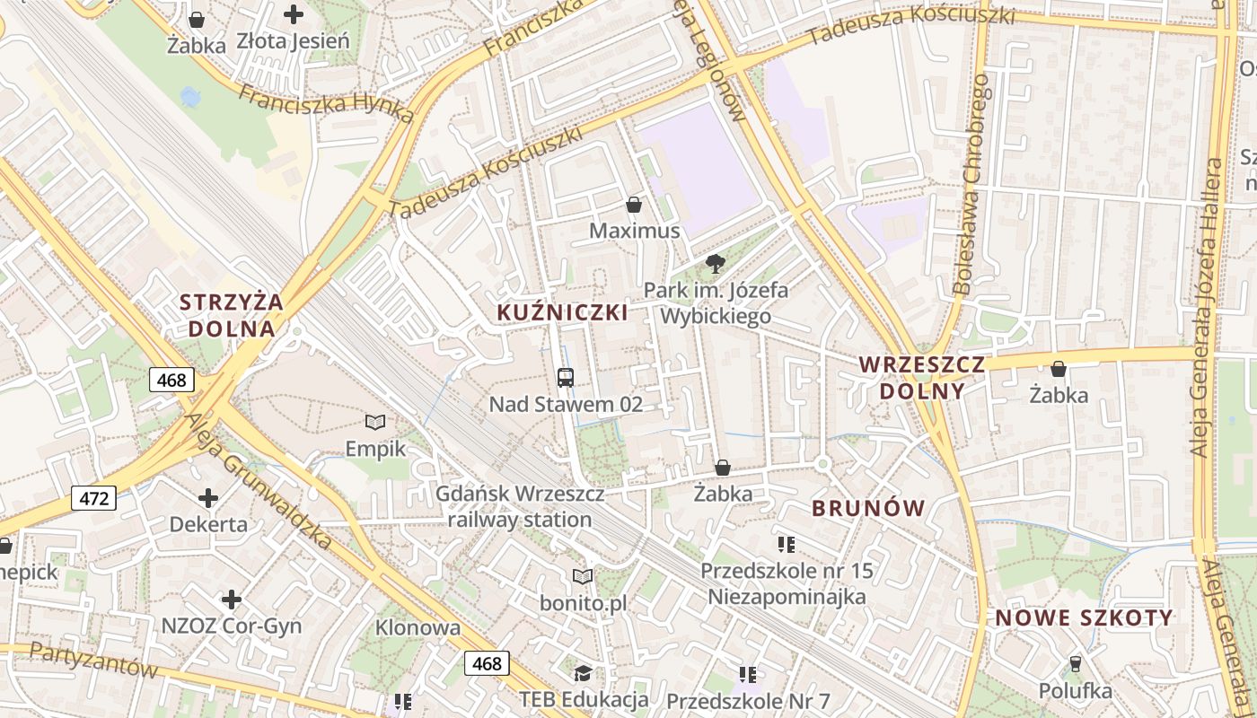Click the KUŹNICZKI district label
[562, 312]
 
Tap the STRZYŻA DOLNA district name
[231, 315]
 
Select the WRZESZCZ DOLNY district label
[922, 378]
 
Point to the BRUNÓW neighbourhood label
[867, 508]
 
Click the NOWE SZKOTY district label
[1084, 617]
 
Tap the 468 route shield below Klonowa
[487, 663]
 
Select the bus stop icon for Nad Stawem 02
[566, 378]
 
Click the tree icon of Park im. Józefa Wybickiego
[716, 263]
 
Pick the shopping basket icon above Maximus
[634, 205]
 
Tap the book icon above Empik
[375, 422]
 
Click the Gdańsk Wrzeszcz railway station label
[519, 506]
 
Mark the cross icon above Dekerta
[208, 498]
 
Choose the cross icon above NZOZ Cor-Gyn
[232, 600]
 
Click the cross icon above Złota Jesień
[293, 14]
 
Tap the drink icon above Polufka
[1075, 664]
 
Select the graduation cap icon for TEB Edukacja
[583, 673]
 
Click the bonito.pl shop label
[583, 603]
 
